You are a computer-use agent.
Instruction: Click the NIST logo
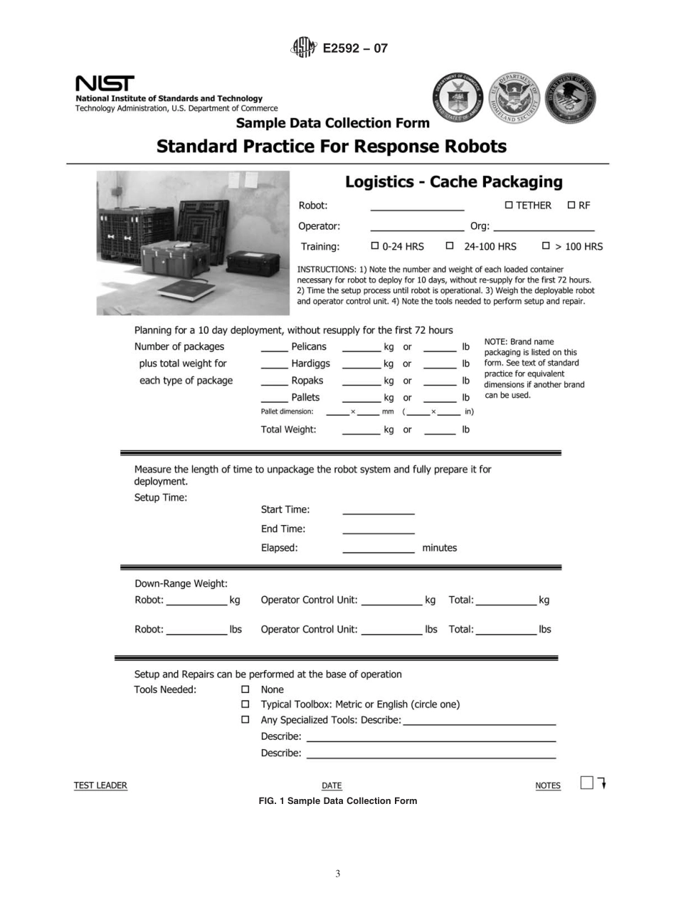tap(105, 84)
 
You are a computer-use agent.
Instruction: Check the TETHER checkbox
tap(509, 206)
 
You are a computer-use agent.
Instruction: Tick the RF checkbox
tap(571, 206)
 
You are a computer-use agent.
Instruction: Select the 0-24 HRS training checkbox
tap(375, 246)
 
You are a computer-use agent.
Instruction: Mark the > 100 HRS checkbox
tap(546, 246)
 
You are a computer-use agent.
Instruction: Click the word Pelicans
tap(309, 347)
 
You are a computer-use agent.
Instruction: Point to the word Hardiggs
tap(310, 364)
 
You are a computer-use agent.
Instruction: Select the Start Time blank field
tap(378, 512)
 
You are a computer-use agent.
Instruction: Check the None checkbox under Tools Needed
tap(245, 689)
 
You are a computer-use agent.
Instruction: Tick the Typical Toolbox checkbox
tap(245, 704)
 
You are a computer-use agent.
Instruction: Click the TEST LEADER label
tap(100, 785)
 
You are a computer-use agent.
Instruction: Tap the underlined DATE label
tap(332, 785)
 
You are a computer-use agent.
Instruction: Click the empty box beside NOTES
tap(586, 783)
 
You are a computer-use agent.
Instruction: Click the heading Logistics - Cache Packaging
tap(453, 182)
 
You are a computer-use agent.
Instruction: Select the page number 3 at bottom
tap(338, 874)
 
